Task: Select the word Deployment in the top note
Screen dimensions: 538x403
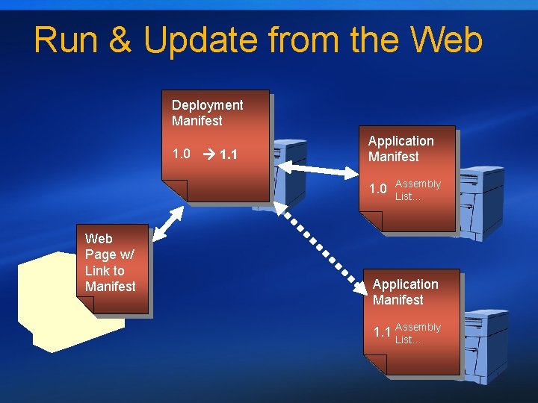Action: point(207,105)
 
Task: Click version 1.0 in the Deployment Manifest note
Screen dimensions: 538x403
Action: point(181,154)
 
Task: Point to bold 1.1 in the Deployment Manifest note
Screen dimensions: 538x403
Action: point(229,155)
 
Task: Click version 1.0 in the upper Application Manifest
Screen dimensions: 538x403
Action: point(379,189)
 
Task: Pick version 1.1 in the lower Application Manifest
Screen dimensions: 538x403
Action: point(382,332)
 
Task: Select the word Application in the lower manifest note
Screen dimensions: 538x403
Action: point(405,284)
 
